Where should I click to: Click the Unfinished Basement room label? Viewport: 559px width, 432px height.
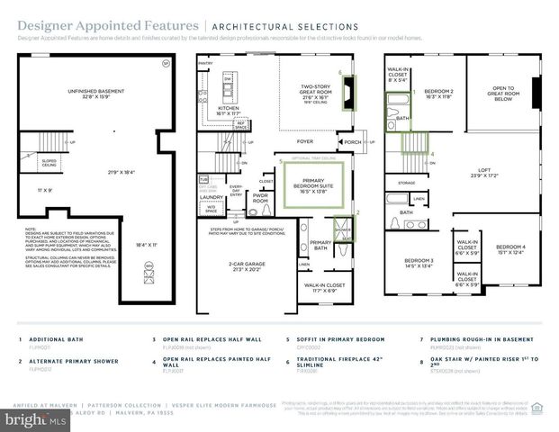101,90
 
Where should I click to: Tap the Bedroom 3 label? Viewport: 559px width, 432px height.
419,264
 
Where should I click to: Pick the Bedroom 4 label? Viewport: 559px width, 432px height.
510,249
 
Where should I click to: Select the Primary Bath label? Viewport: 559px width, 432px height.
320,245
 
